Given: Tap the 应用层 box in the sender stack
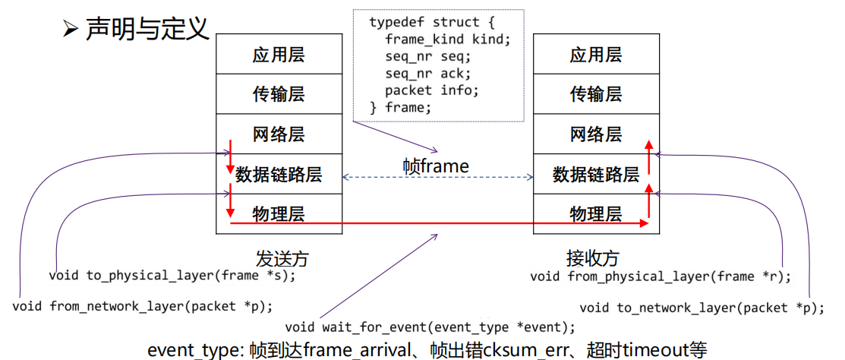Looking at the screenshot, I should pos(279,55).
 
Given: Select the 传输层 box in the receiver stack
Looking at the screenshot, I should pos(596,94).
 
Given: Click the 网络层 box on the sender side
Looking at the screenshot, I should pos(279,134).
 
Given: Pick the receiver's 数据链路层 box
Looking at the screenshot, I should pos(596,175).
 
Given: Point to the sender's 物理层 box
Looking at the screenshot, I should pos(279,214).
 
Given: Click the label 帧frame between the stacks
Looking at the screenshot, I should pos(436,166).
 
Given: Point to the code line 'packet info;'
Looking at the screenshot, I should pos(432,90).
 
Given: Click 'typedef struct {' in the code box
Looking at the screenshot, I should pos(432,22).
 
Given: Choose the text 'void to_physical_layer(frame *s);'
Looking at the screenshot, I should pos(172,276).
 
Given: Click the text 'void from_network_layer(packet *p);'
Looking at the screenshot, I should pos(142,306).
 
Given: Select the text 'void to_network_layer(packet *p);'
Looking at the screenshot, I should pos(702,308).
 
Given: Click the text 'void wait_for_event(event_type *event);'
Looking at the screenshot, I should pos(430,327).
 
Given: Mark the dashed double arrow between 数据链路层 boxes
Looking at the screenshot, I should pos(437,177).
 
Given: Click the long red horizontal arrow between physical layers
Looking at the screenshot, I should pos(439,223).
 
